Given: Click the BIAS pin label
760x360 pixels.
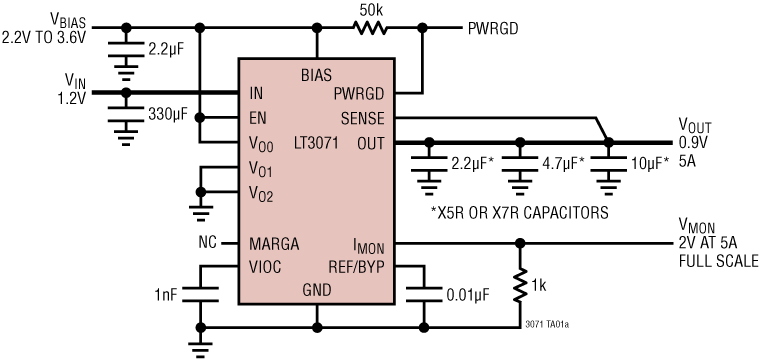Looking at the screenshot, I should (x=316, y=75).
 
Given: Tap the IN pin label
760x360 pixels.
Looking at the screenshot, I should (x=256, y=94).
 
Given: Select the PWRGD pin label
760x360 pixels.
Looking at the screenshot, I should (x=359, y=94).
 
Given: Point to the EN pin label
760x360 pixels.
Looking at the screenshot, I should (x=258, y=118).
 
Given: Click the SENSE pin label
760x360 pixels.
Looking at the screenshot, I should (x=362, y=118).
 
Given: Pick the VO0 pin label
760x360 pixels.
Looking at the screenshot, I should (x=260, y=144).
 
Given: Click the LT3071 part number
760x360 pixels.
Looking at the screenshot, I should (x=316, y=143).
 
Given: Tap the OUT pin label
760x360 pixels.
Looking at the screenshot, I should (x=370, y=143).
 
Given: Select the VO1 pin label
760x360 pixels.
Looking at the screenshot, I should (x=260, y=169).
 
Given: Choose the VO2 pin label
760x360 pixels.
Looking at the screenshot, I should (x=260, y=194).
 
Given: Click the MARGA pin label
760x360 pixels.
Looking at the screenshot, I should (x=274, y=244).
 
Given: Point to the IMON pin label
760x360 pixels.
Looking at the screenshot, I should (x=368, y=246).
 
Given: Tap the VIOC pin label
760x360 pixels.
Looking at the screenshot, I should (x=265, y=267).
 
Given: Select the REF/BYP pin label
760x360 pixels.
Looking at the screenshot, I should (x=356, y=267).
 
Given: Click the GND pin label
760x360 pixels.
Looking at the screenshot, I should (x=316, y=290).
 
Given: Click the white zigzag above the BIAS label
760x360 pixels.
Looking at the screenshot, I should (x=369, y=28).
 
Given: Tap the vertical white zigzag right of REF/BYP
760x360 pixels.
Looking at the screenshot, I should (x=519, y=285).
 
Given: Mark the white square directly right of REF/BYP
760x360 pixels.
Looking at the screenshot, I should (x=424, y=294).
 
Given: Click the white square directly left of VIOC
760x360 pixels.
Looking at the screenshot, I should (x=201, y=294).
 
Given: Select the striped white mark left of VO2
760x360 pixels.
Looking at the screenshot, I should (x=201, y=214).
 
